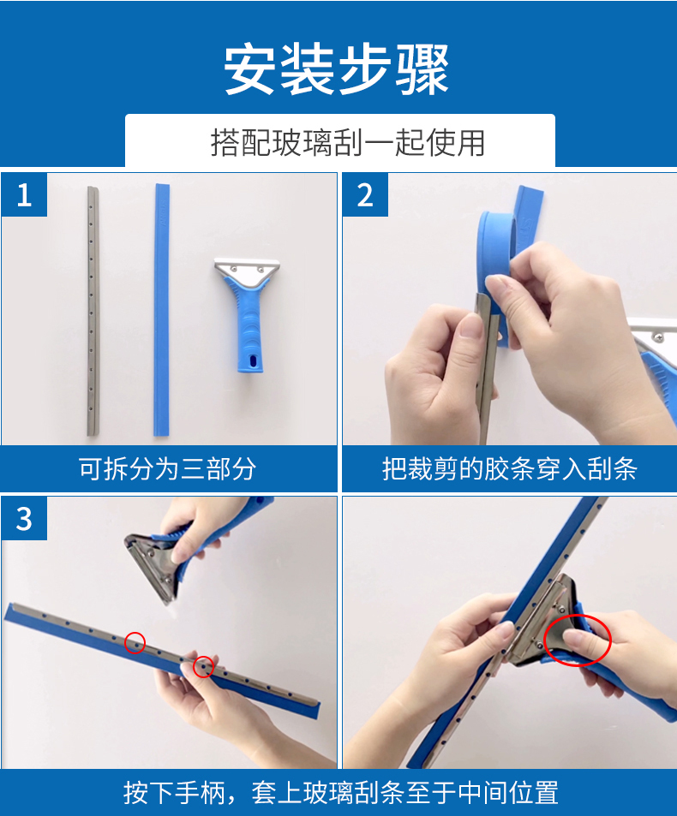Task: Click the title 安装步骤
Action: [337, 69]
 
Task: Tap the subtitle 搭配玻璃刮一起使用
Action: [348, 143]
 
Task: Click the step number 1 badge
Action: [24, 195]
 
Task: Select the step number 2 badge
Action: [365, 195]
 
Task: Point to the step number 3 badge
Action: [24, 519]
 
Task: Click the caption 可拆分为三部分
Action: [168, 468]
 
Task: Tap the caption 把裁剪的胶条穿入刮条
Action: [510, 468]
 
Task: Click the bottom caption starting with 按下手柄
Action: [341, 793]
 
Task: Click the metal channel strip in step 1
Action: [93, 311]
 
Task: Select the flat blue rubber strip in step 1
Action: [161, 310]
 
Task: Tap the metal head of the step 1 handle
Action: [247, 271]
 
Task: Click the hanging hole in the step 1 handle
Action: [253, 360]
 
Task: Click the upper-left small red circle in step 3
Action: [135, 642]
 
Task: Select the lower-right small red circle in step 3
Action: [203, 667]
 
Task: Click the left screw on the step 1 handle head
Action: [234, 269]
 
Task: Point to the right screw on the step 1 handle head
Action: [260, 269]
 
